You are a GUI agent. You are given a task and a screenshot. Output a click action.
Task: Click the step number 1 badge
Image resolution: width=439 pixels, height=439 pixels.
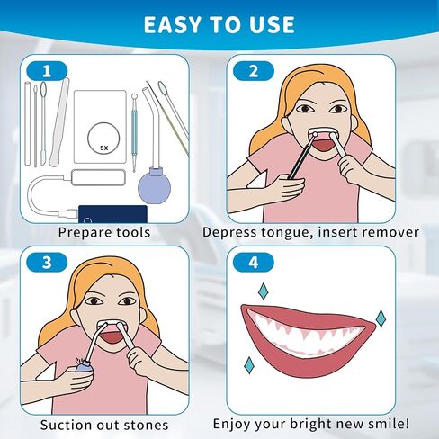coord(47,71)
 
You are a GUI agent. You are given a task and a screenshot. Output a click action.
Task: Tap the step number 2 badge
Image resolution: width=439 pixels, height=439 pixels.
coord(254,71)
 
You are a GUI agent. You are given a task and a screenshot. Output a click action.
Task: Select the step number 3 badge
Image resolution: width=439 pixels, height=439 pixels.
coord(47,263)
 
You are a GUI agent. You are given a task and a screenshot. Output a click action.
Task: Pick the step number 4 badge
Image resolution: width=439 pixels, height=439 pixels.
coord(254,263)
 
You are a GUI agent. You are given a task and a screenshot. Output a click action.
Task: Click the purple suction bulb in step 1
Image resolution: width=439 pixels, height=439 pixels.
coord(155,186)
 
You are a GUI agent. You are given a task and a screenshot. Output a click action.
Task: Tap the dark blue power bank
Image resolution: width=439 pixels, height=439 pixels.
coord(112,214)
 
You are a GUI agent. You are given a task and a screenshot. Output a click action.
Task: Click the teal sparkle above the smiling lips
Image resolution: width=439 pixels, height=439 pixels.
coord(264,291)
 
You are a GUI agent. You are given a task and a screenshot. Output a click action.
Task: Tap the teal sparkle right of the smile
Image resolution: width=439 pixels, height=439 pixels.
coord(381,318)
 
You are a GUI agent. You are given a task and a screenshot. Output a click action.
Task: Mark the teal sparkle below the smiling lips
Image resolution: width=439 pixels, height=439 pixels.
coord(249,365)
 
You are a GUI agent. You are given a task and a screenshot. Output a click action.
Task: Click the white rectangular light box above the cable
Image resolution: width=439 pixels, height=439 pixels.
coord(98,177)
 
